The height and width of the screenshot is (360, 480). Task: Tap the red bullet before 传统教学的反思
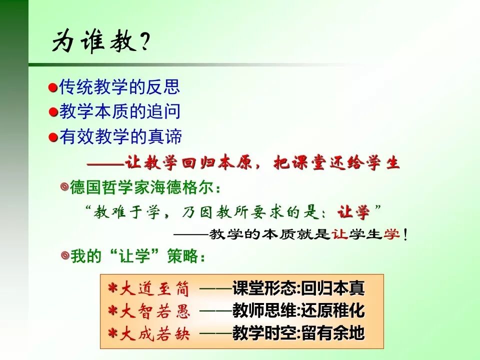53,88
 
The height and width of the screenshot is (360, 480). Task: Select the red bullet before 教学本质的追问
53,112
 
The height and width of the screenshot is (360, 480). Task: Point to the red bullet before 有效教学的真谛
53,137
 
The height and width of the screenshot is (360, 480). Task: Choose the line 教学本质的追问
119,112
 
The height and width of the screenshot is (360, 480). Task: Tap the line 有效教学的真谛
120,136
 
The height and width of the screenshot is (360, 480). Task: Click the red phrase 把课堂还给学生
337,163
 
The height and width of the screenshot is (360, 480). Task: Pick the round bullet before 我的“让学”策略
64,256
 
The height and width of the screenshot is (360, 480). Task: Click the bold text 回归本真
333,288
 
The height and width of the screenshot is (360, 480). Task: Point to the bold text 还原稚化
333,311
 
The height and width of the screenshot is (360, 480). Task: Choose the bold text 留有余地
333,333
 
